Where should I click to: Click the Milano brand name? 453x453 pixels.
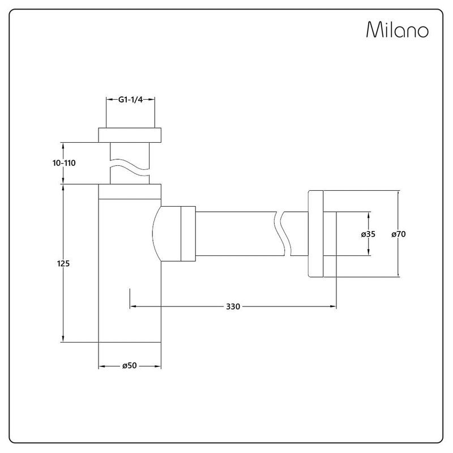[398, 29]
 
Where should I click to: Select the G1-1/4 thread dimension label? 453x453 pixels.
[131, 100]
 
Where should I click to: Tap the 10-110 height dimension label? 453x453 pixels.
[64, 163]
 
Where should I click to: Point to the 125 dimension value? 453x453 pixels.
[63, 263]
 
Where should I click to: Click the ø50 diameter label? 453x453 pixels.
[130, 365]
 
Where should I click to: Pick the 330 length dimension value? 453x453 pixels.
[233, 306]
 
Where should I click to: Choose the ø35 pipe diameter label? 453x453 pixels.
[368, 234]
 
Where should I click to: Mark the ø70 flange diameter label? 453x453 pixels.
[399, 234]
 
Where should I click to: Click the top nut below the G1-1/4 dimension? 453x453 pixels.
[130, 135]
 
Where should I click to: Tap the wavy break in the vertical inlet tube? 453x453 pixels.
[130, 167]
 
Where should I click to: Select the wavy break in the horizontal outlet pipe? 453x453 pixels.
[281, 234]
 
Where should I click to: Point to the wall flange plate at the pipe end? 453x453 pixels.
[315, 234]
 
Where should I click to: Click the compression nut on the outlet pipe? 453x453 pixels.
[189, 234]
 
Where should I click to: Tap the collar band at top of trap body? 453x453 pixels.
[130, 191]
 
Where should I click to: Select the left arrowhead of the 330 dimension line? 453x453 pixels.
[133, 306]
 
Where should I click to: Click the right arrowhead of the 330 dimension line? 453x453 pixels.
[333, 306]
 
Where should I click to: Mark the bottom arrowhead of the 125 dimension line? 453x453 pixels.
[63, 339]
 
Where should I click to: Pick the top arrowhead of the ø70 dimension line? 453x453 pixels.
[399, 194]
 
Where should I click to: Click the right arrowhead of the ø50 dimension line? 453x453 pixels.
[158, 366]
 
